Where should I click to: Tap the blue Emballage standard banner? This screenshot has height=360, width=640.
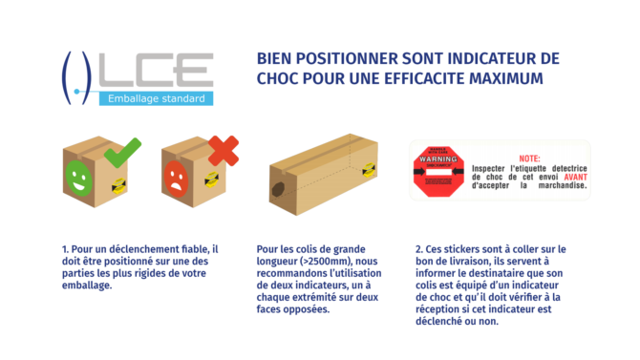point(155,98)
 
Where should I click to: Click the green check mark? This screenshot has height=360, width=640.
point(121,152)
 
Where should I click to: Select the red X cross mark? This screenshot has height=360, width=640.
point(223,151)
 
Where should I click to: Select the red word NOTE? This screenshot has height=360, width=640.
point(529,159)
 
